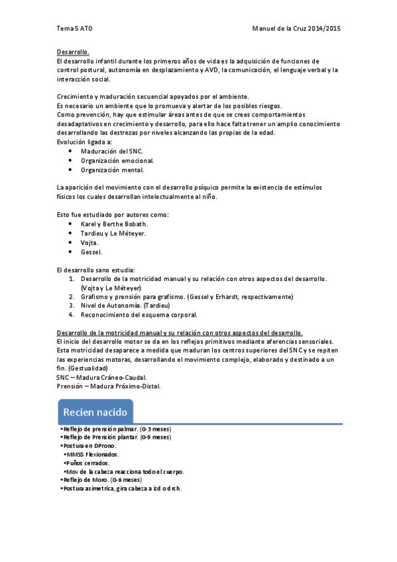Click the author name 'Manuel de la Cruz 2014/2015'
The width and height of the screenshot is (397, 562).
point(296,29)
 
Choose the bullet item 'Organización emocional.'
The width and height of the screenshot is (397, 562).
point(117,160)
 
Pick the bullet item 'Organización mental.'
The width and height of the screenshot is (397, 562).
point(111,170)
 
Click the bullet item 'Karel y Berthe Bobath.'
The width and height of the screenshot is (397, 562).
point(114,224)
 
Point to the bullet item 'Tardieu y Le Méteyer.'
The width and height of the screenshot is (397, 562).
point(113,233)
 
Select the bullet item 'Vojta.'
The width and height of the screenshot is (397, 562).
point(89,243)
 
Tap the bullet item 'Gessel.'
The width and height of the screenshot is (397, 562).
point(91,252)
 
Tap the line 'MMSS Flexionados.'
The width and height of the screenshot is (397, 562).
point(93,455)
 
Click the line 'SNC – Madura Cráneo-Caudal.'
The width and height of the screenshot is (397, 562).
point(102,377)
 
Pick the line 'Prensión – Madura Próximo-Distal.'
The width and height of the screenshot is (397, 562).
point(109,386)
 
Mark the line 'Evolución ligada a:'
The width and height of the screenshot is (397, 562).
point(84,142)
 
